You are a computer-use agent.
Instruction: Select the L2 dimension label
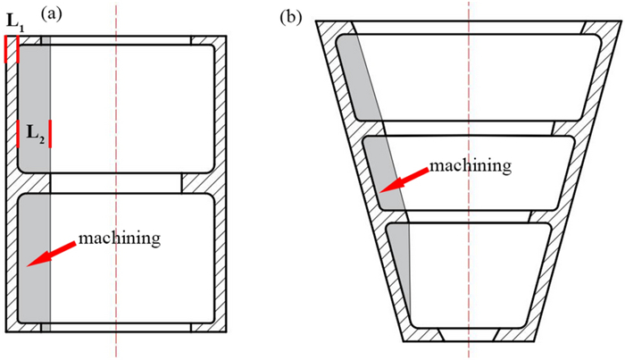34,134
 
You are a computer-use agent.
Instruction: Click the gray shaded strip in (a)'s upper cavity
34,98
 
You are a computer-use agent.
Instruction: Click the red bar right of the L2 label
50,134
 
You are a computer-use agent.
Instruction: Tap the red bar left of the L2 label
18,134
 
